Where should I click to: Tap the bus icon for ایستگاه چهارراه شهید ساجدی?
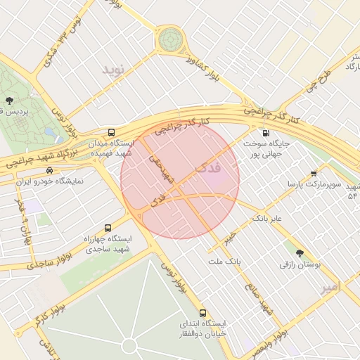pyautogui.click(x=108, y=228)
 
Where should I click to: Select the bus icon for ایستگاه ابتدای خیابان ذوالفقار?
pyautogui.click(x=203, y=313)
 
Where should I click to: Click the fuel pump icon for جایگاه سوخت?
pyautogui.click(x=265, y=133)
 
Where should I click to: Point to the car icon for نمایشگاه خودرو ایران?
pyautogui.click(x=49, y=171)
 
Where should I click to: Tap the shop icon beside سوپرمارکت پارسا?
pyautogui.click(x=314, y=173)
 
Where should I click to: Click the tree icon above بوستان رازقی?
pyautogui.click(x=300, y=253)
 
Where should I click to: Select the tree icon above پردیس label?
pyautogui.click(x=9, y=101)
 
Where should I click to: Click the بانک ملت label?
pyautogui.click(x=224, y=261)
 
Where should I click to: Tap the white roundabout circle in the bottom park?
pyautogui.click(x=129, y=345)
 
